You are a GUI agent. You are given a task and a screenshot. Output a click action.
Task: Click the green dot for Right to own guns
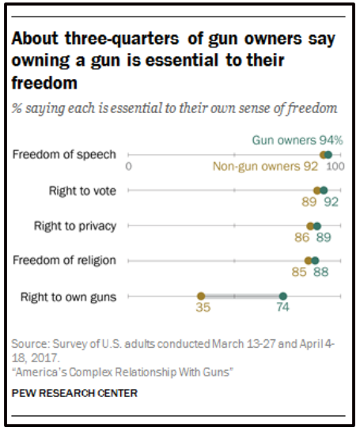tap(282, 297)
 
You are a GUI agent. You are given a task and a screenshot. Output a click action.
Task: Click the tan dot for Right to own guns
tap(201, 297)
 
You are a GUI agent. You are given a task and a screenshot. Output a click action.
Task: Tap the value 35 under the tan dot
tap(203, 309)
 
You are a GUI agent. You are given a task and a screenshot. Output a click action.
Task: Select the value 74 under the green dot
tap(282, 309)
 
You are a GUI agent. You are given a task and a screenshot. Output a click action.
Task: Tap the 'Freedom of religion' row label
tap(64, 260)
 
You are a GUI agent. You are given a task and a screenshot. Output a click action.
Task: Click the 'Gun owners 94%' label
tap(297, 139)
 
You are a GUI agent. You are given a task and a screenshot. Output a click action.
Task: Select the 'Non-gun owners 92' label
tap(264, 166)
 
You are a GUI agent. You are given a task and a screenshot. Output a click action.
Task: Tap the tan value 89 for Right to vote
tap(309, 202)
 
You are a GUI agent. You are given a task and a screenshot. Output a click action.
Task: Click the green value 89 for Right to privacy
tap(323, 237)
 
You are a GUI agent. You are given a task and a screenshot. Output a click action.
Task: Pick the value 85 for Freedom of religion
tap(298, 273)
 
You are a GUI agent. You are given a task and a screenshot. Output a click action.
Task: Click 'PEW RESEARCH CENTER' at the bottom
tap(74, 392)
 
